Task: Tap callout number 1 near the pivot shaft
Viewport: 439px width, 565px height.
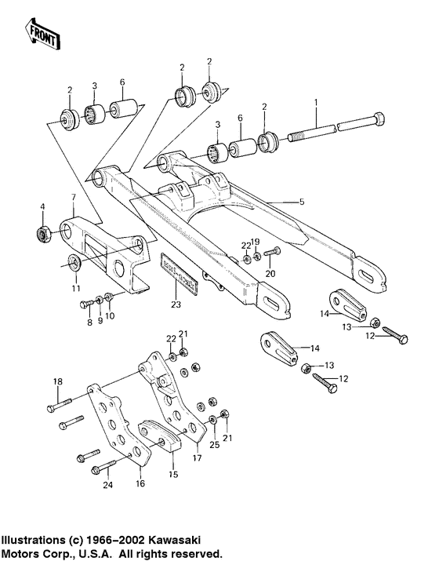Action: [316, 102]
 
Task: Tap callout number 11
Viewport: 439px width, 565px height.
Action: [77, 289]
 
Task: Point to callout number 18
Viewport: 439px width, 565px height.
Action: [56, 382]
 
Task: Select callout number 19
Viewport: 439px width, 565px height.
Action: [256, 242]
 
